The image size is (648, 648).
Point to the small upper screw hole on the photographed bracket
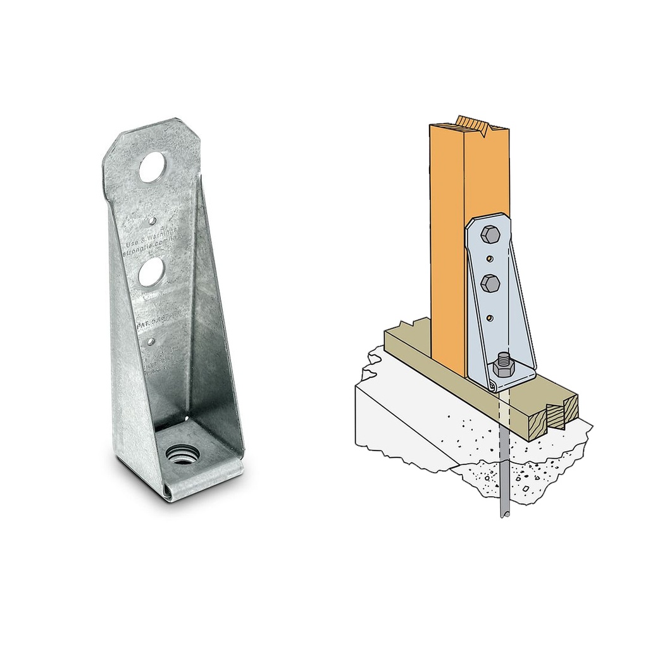coord(152,221)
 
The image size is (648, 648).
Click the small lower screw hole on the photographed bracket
coord(151,342)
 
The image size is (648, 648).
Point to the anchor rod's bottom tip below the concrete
coord(504,514)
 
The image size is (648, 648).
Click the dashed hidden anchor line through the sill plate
coord(502,408)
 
